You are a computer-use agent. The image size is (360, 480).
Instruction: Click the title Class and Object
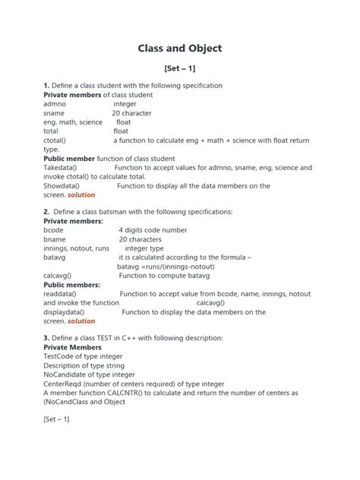click(180, 49)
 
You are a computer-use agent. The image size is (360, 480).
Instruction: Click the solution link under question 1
click(81, 195)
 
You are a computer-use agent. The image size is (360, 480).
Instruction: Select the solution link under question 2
click(81, 321)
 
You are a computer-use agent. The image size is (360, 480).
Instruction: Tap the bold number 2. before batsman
click(46, 212)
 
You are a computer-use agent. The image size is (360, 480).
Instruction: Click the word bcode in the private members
click(54, 230)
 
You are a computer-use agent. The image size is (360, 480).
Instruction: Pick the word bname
click(55, 239)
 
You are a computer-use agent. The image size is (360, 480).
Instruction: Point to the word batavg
click(55, 257)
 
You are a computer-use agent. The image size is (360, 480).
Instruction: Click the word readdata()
click(61, 294)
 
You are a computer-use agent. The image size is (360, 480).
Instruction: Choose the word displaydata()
click(64, 312)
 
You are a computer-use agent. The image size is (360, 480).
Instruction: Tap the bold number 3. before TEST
click(46, 338)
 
